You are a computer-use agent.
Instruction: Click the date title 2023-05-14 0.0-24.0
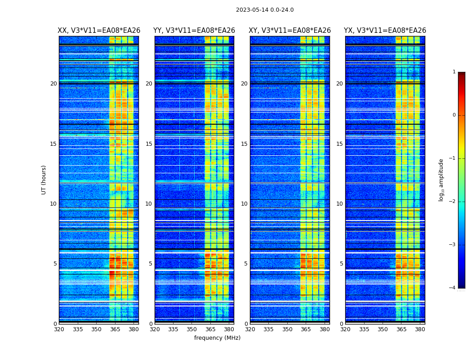coord(265,10)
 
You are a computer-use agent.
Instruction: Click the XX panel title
coord(99,31)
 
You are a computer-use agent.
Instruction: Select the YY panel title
coord(194,31)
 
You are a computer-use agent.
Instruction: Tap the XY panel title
coord(289,31)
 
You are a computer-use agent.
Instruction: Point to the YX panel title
coord(385,31)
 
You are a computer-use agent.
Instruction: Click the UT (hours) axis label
coord(44,180)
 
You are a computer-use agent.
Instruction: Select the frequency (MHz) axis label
coord(217,338)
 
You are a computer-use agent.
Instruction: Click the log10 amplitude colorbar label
coord(441,180)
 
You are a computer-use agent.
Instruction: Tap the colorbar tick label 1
coord(454,72)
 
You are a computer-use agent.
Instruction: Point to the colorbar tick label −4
coord(453,288)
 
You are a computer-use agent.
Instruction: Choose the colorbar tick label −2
coord(453,202)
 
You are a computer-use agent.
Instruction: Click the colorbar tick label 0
coord(454,115)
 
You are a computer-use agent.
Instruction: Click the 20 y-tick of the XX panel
coord(53,84)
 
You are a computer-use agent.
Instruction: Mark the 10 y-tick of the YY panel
coord(149,204)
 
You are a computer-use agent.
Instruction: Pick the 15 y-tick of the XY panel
coord(244,144)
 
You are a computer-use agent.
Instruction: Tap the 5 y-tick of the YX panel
coord(341,264)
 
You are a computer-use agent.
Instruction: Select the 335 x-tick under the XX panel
coord(78,329)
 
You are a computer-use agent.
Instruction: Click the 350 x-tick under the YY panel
coord(192,329)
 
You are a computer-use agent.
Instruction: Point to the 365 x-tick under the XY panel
coord(306,329)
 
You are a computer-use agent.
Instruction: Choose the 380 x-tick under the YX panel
coord(420,329)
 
